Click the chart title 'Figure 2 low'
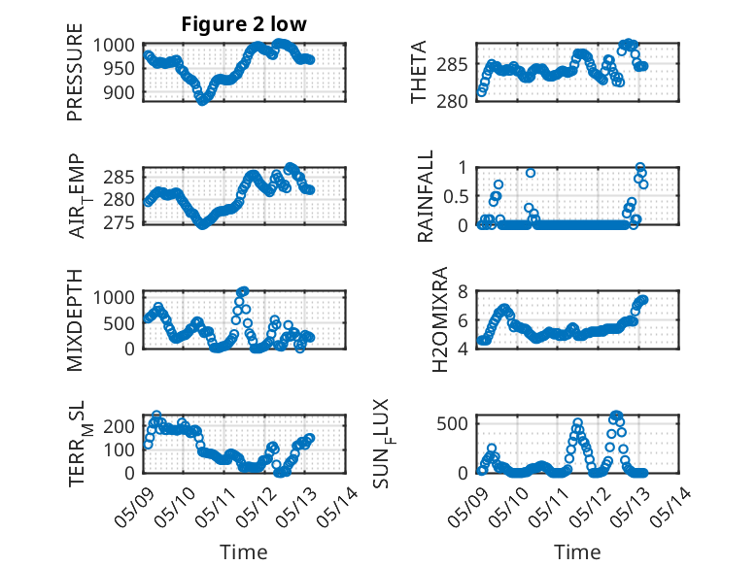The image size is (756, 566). coord(244,24)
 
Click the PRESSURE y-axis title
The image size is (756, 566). coord(75,72)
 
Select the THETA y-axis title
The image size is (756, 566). coord(419,72)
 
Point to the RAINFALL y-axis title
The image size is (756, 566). coord(426,196)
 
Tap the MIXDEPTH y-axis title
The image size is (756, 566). coord(75,320)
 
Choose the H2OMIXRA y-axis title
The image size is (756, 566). coord(440,319)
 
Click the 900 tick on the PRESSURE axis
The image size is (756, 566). coord(120,92)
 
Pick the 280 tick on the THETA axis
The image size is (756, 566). coord(452,101)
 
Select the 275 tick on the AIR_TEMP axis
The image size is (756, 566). coord(120,222)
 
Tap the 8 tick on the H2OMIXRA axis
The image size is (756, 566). coord(463,291)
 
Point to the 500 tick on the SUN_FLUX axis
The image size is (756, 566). coord(452,424)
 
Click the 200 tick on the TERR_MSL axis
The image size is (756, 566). coord(120,426)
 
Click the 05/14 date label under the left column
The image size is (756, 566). coord(338,507)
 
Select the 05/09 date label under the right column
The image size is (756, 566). coord(468,507)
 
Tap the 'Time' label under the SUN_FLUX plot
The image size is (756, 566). coord(577,551)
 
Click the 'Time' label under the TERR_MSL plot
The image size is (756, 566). coord(244,551)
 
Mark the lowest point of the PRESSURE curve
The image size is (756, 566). coord(202,101)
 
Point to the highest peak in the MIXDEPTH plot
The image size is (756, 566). coord(244,291)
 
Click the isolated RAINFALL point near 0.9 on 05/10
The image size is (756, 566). coord(531,173)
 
